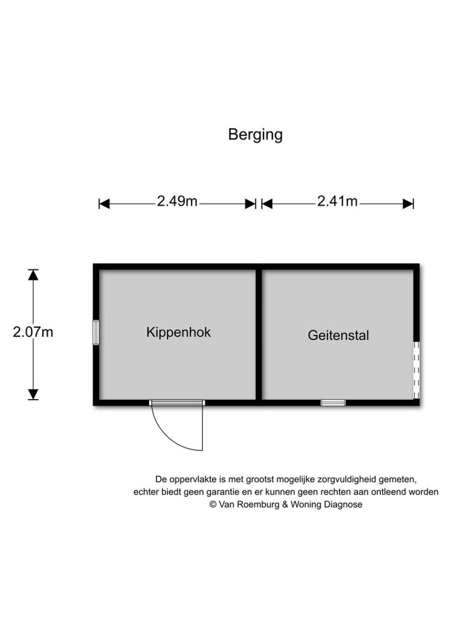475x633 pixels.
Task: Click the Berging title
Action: (x=255, y=135)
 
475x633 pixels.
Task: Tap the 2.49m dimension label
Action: (x=177, y=201)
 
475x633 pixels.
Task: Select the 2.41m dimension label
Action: (x=337, y=201)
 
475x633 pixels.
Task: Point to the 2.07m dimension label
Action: (x=33, y=332)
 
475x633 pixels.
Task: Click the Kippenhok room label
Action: (x=179, y=332)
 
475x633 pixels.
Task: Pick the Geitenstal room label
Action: (x=338, y=335)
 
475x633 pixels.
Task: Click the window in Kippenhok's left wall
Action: (x=96, y=332)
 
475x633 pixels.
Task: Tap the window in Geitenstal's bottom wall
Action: (x=333, y=403)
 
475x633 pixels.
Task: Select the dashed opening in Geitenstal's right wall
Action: (x=417, y=370)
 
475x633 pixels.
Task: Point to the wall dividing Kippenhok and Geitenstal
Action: (x=259, y=335)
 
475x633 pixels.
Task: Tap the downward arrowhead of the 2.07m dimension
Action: (x=33, y=394)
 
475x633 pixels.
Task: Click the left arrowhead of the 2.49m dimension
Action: (x=104, y=204)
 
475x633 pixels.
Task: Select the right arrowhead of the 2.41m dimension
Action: (x=408, y=204)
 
